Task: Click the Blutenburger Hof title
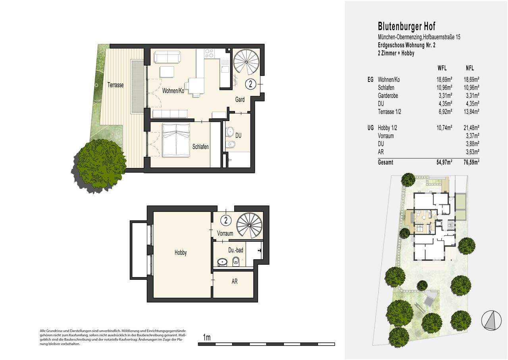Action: (x=406, y=27)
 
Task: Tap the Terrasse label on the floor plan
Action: (x=115, y=85)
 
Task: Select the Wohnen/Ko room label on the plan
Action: (x=173, y=90)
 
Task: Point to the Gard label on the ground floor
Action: (x=239, y=100)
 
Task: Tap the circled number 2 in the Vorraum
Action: (x=225, y=220)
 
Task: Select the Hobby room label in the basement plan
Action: (x=180, y=252)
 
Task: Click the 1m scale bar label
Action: (x=206, y=338)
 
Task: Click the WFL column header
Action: (x=442, y=68)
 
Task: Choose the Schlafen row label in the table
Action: (x=386, y=87)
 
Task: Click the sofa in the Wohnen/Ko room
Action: (x=167, y=57)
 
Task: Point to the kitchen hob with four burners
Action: (x=209, y=53)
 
